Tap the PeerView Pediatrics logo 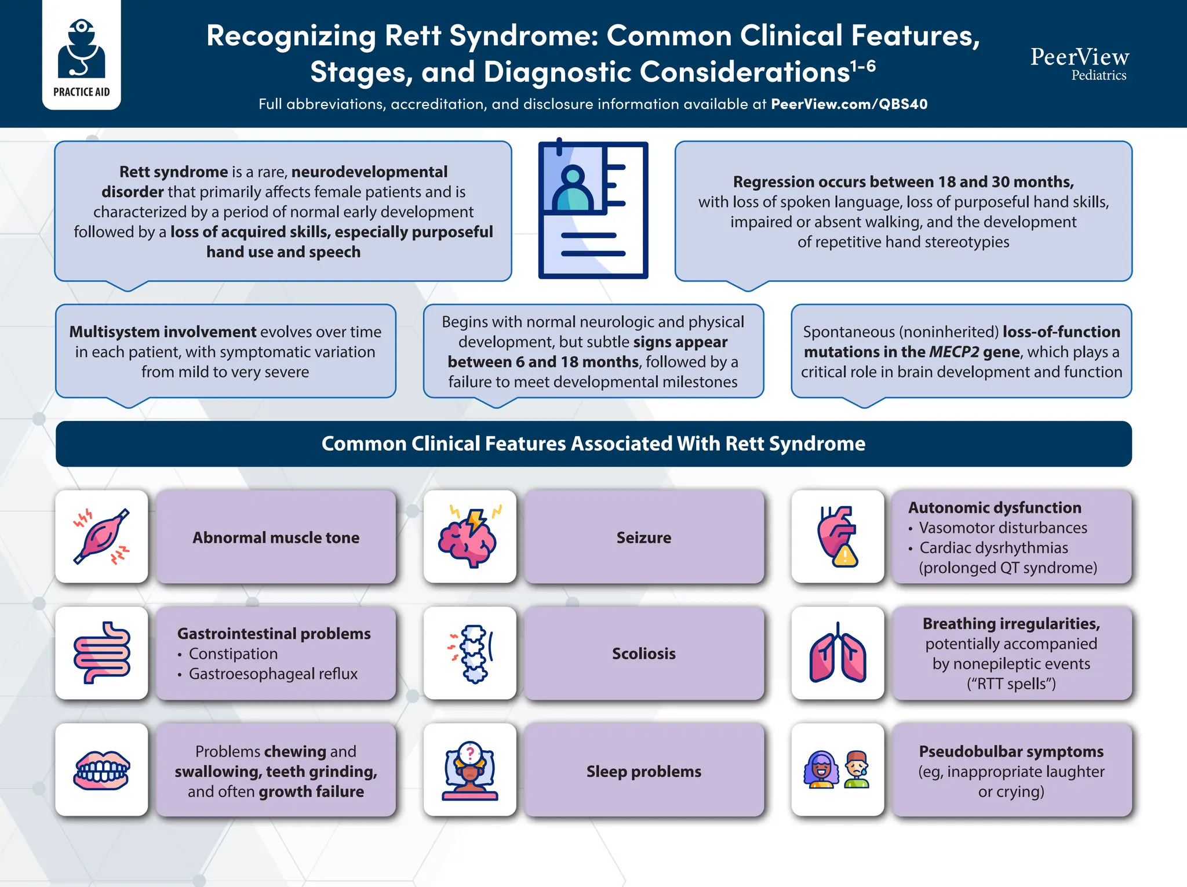(1079, 63)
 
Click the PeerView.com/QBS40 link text (849, 104)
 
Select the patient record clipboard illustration (593, 209)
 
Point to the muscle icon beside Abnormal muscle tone (101, 537)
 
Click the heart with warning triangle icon (838, 537)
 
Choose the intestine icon (101, 653)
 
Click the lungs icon (838, 653)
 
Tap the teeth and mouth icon (101, 770)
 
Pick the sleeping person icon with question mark (469, 770)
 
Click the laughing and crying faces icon (837, 770)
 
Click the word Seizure (643, 537)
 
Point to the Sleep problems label (643, 772)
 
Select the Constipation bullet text (233, 654)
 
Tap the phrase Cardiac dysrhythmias (993, 548)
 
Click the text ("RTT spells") (1011, 684)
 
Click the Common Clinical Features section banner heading (593, 444)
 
